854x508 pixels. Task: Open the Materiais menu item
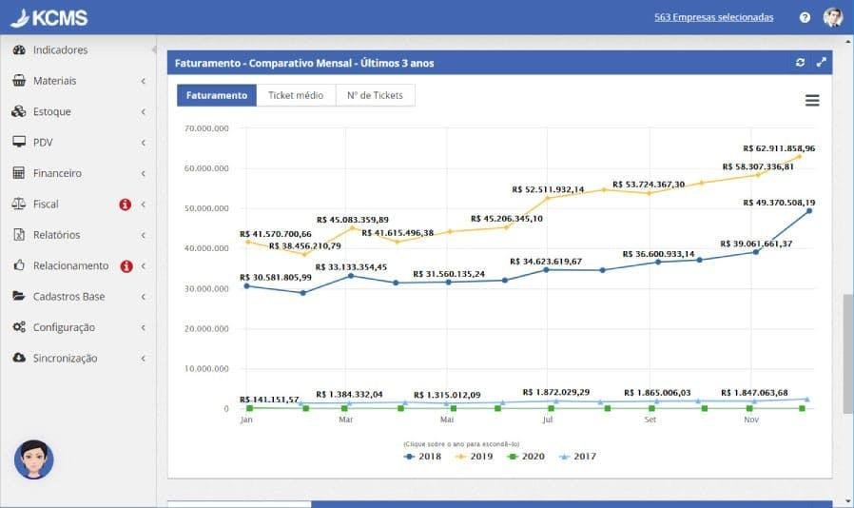(54, 81)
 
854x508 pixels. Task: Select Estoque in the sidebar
(51, 111)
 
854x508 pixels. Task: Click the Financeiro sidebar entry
(57, 173)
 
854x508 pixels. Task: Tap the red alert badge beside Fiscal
(126, 205)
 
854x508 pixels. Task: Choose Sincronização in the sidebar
(65, 358)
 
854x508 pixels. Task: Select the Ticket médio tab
(296, 95)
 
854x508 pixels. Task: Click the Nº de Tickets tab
(375, 95)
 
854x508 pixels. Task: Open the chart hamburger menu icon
(812, 101)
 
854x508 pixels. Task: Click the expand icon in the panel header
(822, 63)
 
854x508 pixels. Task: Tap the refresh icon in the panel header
(801, 63)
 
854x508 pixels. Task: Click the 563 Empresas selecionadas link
(713, 17)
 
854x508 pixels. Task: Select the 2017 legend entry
(578, 457)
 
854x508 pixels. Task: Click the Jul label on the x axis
(547, 420)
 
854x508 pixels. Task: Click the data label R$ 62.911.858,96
(778, 148)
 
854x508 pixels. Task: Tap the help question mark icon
(805, 17)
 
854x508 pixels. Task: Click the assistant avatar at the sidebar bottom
(34, 459)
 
